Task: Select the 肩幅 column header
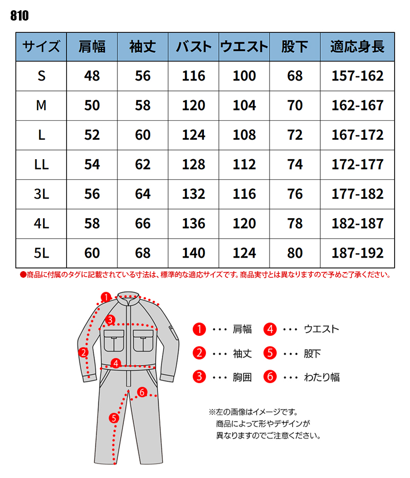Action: point(92,47)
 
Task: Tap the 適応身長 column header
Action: point(357,47)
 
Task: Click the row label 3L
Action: point(42,194)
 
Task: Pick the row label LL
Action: point(42,165)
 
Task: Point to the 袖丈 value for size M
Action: point(143,106)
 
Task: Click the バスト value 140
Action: point(194,253)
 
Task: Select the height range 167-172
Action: point(358,136)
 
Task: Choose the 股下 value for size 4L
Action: point(295,224)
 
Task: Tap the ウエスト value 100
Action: point(244,77)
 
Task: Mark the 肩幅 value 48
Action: point(92,77)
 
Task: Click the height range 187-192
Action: point(358,253)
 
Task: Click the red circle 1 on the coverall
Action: point(106,297)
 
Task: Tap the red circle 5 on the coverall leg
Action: point(114,418)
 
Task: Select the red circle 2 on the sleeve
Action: point(84,352)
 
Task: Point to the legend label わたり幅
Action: point(322,377)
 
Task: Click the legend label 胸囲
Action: point(242,377)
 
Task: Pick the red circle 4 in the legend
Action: point(271,329)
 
